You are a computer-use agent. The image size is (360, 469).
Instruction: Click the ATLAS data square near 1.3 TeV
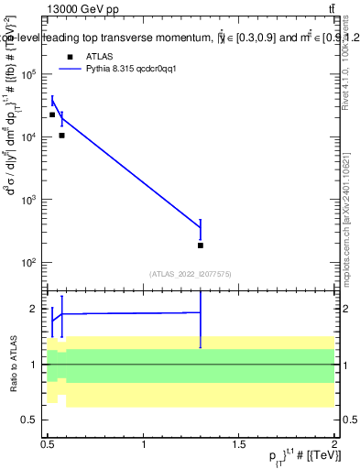[x=200, y=245]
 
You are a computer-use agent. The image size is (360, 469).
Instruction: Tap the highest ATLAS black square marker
[x=52, y=115]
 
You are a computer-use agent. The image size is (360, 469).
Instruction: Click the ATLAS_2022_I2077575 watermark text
[x=191, y=273]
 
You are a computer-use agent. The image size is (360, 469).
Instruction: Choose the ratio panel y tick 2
[x=34, y=309]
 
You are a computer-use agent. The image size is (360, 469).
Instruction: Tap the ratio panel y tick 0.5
[x=31, y=420]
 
